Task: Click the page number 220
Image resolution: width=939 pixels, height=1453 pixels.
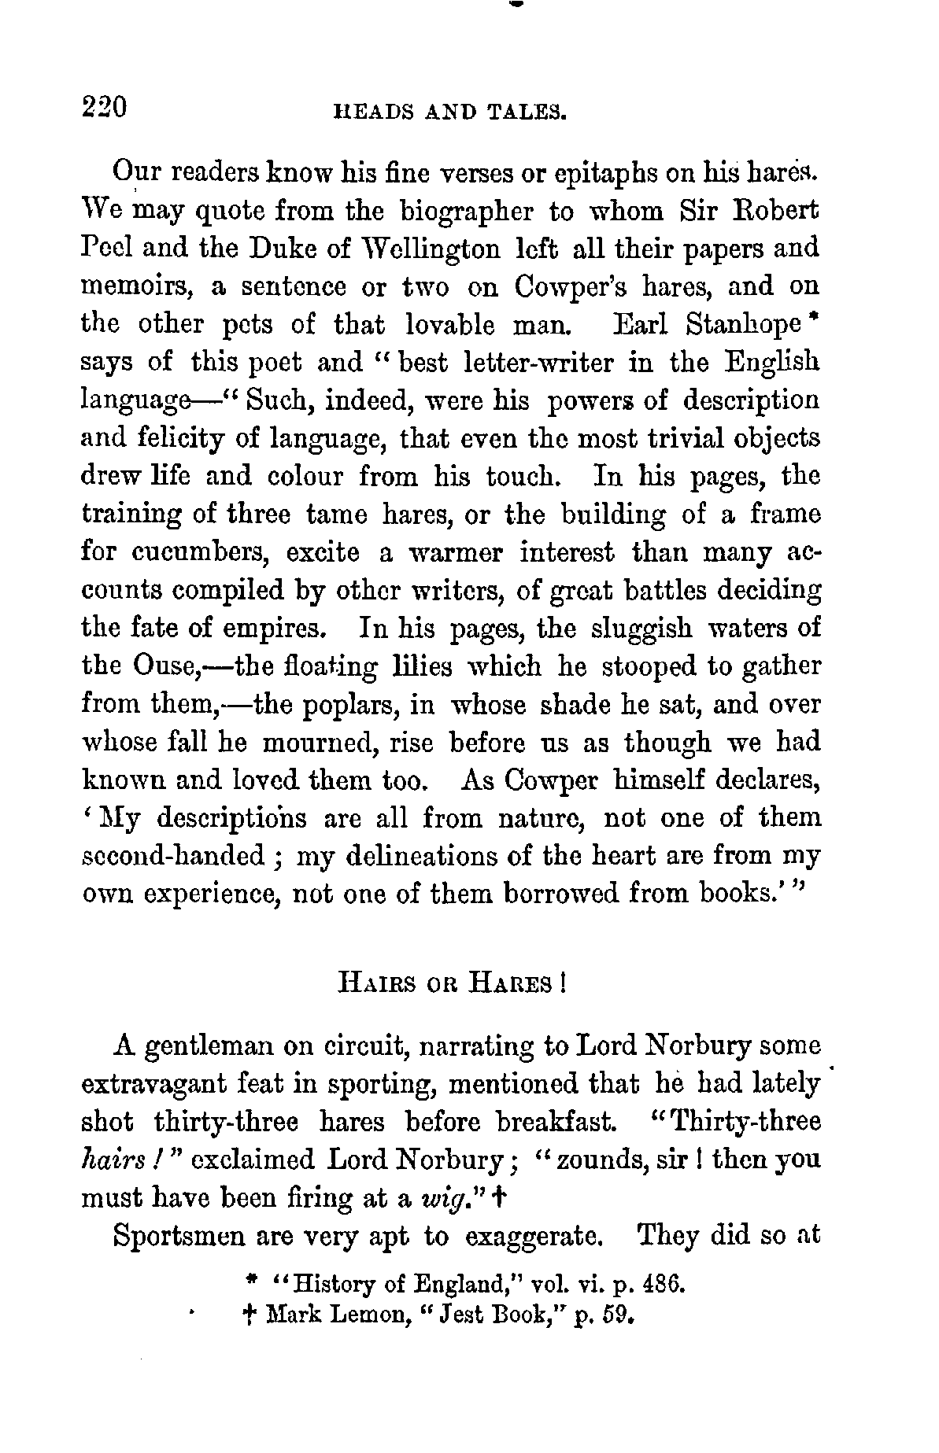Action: (x=105, y=106)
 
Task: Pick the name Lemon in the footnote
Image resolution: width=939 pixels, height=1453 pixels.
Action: (x=336, y=1315)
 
